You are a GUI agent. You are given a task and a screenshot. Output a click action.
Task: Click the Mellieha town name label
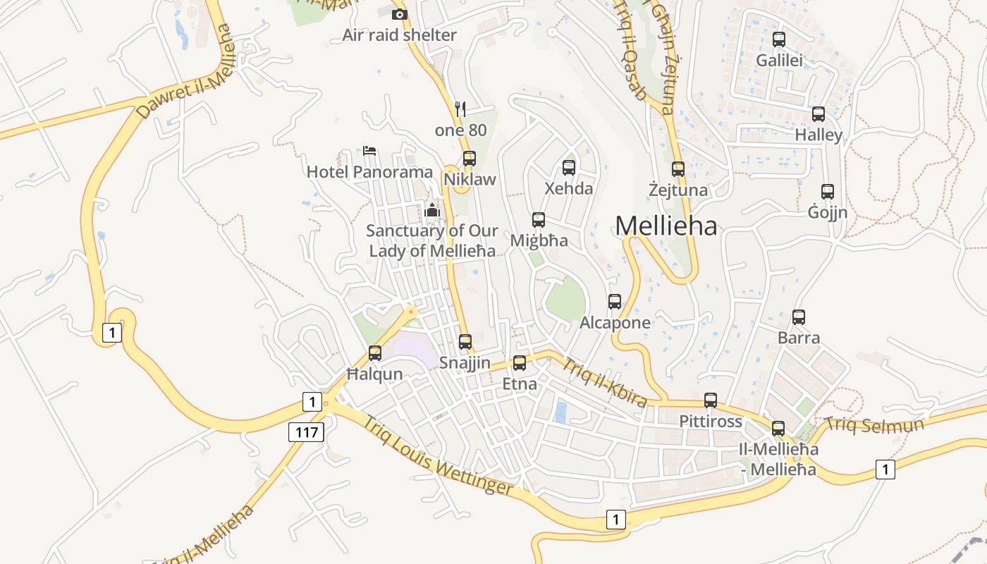point(666,226)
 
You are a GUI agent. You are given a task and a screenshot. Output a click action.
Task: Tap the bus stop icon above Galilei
point(779,39)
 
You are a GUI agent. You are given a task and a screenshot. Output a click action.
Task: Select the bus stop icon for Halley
point(819,114)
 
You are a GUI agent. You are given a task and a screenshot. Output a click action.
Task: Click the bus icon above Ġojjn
point(828,191)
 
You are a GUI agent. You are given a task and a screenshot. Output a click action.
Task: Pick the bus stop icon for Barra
point(799,317)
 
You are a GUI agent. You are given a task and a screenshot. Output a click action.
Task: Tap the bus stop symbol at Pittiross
point(711,400)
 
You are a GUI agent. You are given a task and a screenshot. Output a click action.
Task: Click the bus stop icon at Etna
point(520,363)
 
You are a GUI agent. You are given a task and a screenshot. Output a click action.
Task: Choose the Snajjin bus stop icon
point(465,342)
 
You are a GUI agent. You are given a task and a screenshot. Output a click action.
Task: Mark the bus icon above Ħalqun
point(375,353)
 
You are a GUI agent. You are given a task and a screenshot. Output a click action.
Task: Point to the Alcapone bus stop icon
point(615,302)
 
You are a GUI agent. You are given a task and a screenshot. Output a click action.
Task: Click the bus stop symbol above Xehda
point(569,168)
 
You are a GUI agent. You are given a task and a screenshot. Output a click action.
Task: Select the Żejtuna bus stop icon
point(678,169)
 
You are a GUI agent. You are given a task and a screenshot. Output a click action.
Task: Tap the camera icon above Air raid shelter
point(400,14)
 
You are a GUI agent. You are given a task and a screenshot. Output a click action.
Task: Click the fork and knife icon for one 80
point(461,109)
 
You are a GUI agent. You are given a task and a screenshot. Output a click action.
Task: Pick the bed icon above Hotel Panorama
point(369,151)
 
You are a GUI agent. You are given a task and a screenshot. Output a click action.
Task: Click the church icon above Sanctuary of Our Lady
point(432,210)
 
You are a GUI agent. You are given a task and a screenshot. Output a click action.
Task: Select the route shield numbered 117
point(307,431)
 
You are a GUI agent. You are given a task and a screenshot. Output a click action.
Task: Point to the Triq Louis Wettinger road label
point(438,456)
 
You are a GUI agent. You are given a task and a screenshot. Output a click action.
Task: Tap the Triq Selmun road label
point(874,424)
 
